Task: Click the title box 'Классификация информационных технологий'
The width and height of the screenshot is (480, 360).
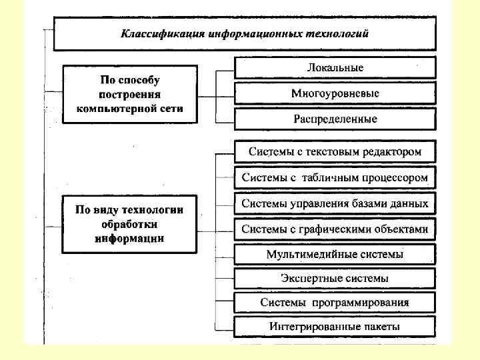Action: (244, 33)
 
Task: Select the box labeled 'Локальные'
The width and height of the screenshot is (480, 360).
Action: (335, 68)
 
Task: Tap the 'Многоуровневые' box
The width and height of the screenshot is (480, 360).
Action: (335, 93)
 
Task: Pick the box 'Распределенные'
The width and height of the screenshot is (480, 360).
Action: (335, 119)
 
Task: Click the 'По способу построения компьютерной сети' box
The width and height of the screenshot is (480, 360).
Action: (130, 93)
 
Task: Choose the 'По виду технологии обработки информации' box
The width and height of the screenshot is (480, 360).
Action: (130, 224)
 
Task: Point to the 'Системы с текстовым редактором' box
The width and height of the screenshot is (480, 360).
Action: (335, 152)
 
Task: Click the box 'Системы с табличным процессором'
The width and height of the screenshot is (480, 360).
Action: (335, 178)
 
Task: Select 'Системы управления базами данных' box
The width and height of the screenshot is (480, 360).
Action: (335, 203)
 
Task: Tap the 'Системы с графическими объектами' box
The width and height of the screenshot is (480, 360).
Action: (335, 229)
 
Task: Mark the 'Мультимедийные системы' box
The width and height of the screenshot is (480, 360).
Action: (335, 254)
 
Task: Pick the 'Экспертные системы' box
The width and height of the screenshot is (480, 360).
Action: (335, 278)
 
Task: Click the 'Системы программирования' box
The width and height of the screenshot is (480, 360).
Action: (335, 303)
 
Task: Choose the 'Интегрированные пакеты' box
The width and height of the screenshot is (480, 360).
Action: (335, 327)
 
